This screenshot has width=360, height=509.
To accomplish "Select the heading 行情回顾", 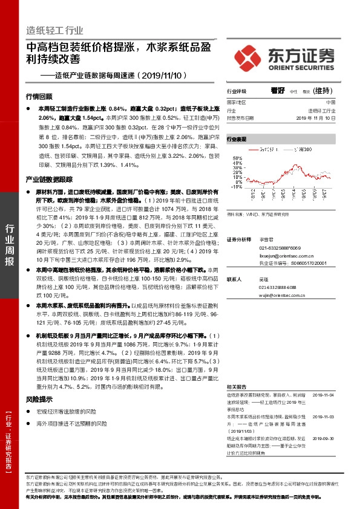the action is [39, 97].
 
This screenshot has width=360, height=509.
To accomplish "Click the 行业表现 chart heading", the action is [237, 139].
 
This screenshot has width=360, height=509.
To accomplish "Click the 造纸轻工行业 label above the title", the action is [55, 30].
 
